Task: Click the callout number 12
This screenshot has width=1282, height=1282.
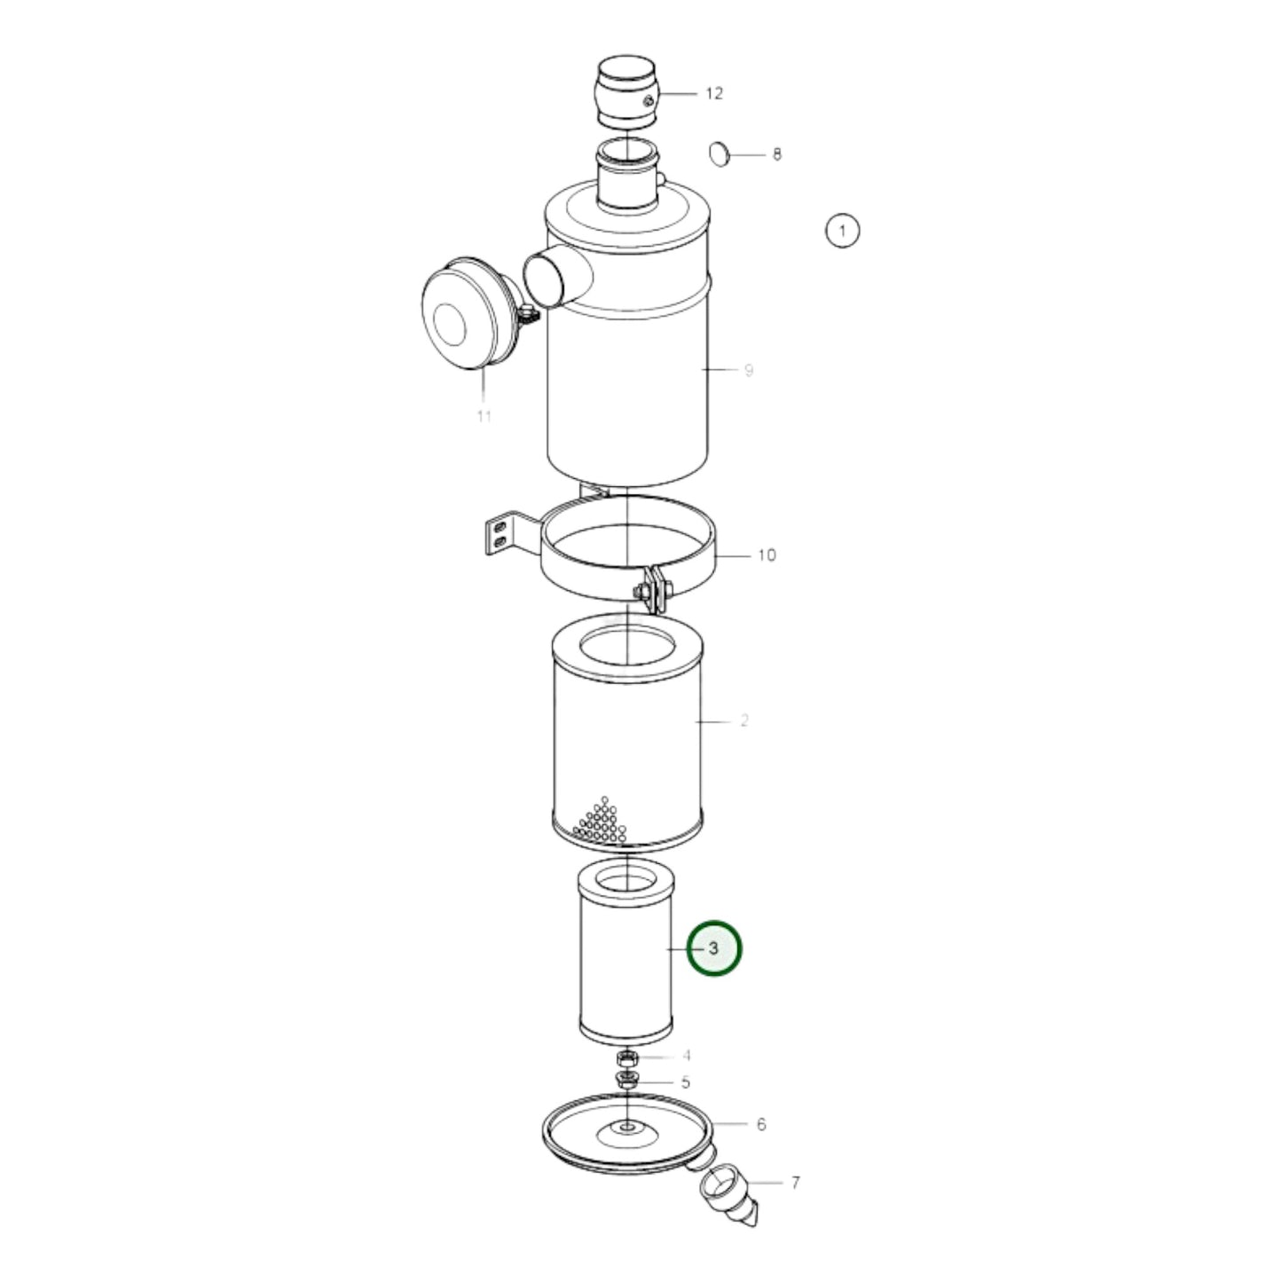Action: coord(714,93)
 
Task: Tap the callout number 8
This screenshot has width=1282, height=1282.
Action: coord(777,154)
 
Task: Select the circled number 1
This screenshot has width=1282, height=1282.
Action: coord(842,232)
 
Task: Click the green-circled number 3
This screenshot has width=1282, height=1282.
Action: coord(715,948)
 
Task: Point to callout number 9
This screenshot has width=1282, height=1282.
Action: coord(749,370)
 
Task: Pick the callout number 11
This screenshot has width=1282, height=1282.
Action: coord(484,415)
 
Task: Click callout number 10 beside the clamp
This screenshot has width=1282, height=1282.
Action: coord(767,555)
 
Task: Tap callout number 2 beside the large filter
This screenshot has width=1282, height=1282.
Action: coord(743,721)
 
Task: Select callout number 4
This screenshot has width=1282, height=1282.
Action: coord(686,1056)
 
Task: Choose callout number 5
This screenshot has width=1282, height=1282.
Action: coord(686,1082)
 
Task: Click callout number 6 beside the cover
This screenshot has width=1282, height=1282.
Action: coord(761,1124)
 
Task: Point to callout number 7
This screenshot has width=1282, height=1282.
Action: coord(795,1182)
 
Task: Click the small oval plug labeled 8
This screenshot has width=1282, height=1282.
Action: coord(719,154)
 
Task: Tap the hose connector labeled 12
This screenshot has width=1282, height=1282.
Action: coord(626,92)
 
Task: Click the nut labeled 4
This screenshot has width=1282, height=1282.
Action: coord(627,1058)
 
